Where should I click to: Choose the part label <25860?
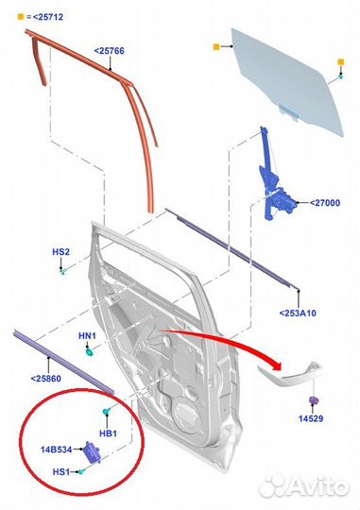[x=48, y=378]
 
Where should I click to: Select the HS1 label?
[x=60, y=470]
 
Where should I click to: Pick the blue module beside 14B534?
[x=94, y=452]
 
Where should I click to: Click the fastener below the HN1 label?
[x=88, y=354]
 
